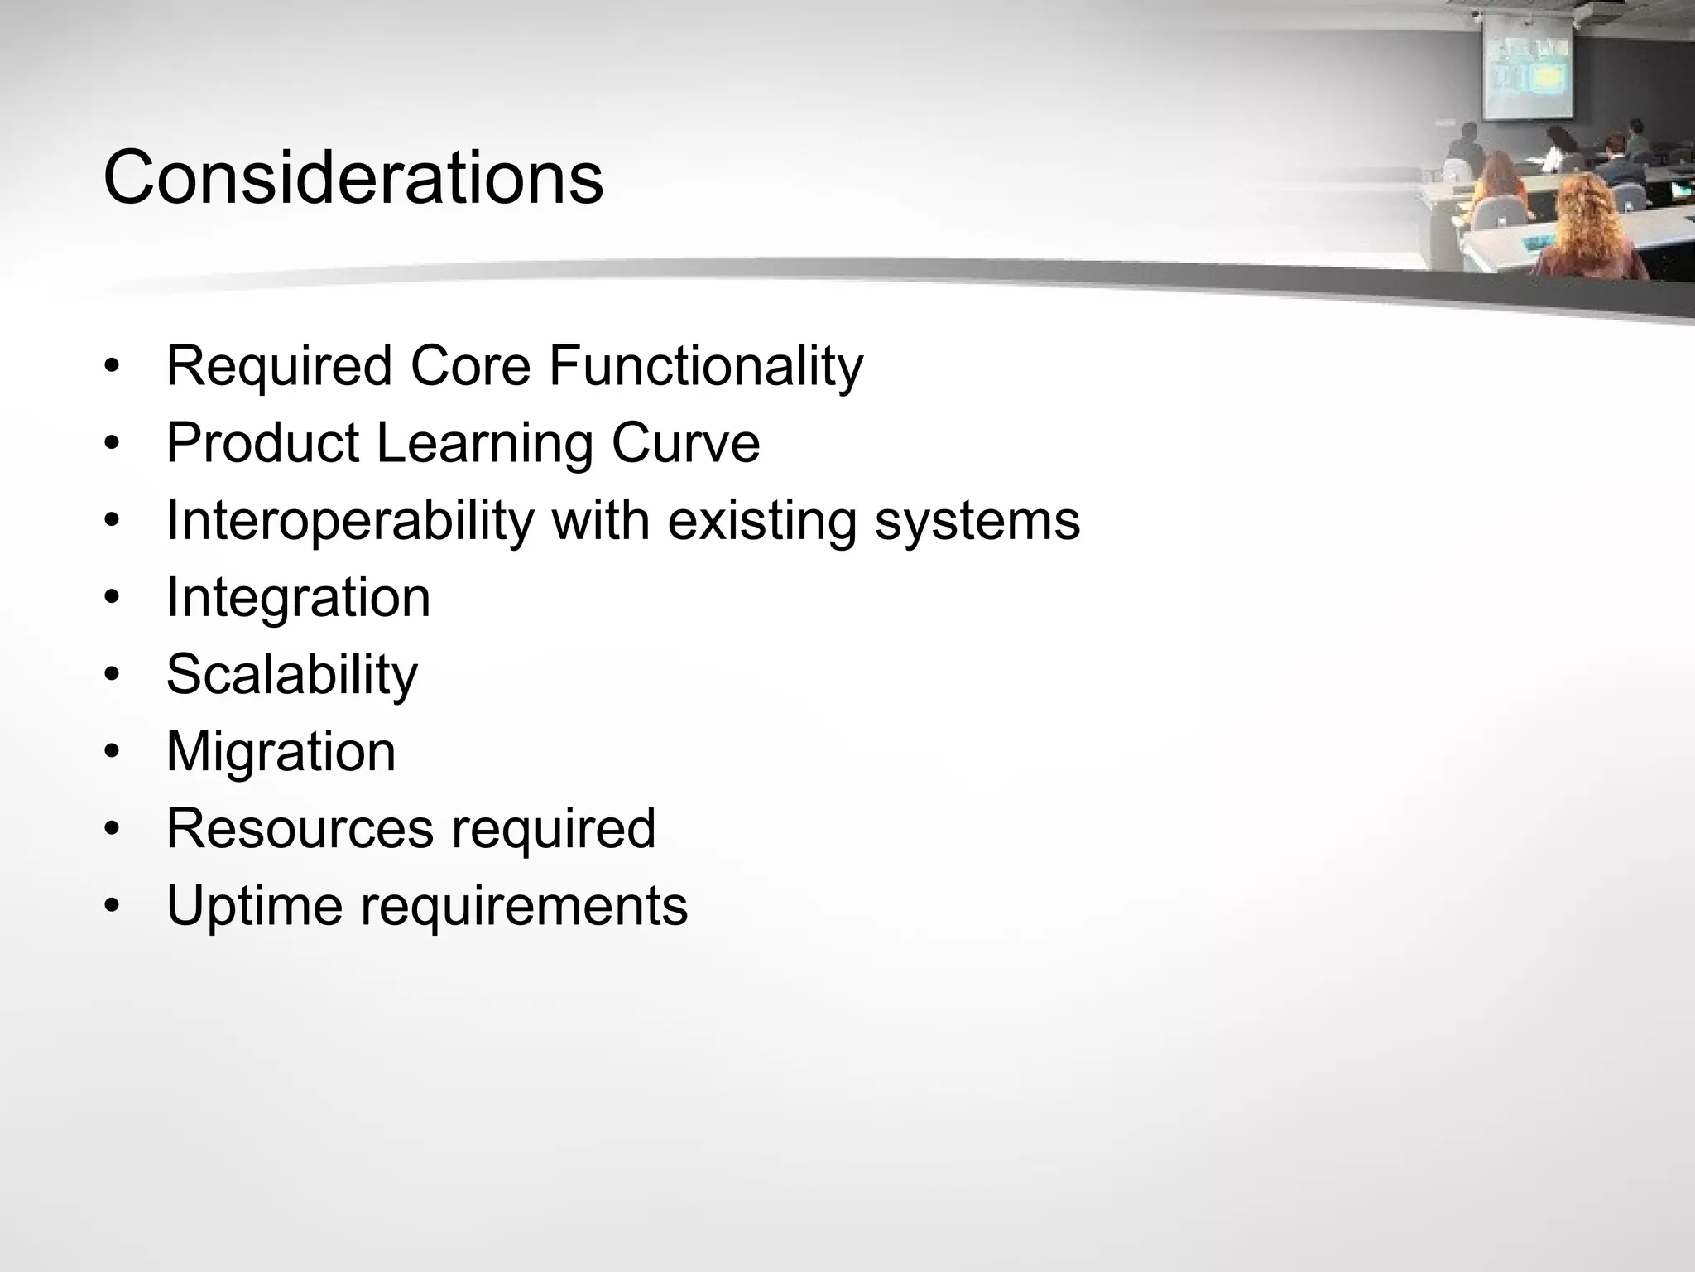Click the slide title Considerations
coord(353,178)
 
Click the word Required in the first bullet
coord(279,366)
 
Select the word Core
coord(470,366)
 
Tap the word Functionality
coord(705,366)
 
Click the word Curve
coord(685,443)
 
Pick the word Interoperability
coord(350,521)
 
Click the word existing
coord(762,521)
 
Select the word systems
coord(977,521)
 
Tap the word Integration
coord(298,597)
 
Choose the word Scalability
coord(291,675)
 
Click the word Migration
coord(281,752)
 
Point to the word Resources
coord(299,828)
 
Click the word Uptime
coord(254,905)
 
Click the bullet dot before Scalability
coord(113,675)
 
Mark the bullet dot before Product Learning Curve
coord(113,444)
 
